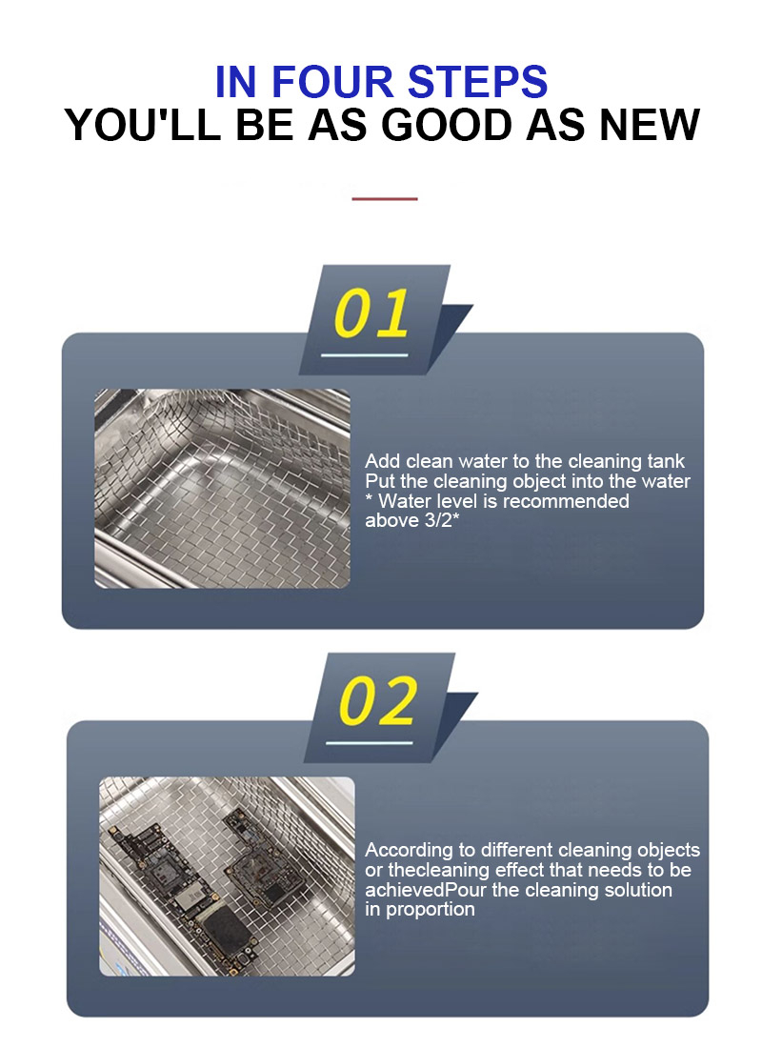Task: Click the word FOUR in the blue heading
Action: [x=332, y=82]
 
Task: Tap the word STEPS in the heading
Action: [x=477, y=82]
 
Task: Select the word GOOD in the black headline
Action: [x=450, y=124]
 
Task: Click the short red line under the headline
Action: [x=385, y=198]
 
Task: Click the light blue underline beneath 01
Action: [x=364, y=354]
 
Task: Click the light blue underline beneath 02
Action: [x=370, y=742]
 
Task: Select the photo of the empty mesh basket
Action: [x=222, y=489]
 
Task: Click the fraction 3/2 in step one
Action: [x=437, y=520]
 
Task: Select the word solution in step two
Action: [x=638, y=890]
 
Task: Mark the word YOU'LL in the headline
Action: [x=143, y=124]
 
